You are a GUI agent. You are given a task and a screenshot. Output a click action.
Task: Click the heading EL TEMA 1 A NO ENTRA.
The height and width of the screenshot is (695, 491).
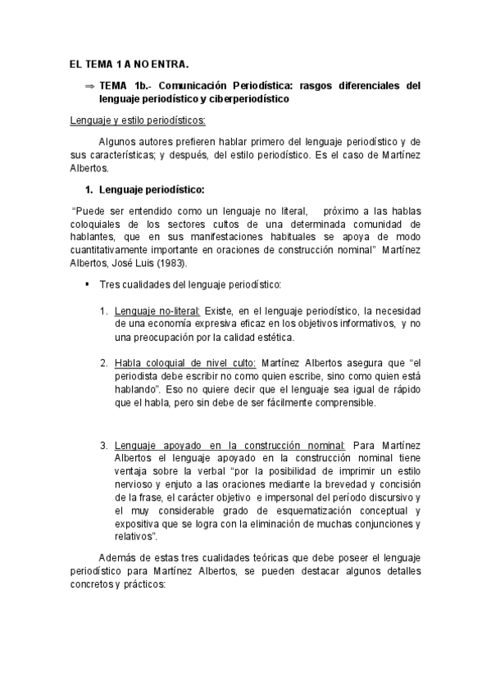(129, 64)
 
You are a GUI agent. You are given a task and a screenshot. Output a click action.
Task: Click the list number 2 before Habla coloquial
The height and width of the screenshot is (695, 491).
(104, 363)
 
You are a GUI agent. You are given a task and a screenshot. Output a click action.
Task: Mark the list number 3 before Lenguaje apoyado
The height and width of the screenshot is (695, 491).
(104, 445)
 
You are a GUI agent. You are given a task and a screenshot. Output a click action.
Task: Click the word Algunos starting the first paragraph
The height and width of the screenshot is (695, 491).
(118, 141)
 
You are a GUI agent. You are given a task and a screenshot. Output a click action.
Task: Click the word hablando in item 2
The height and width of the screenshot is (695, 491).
(137, 389)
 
